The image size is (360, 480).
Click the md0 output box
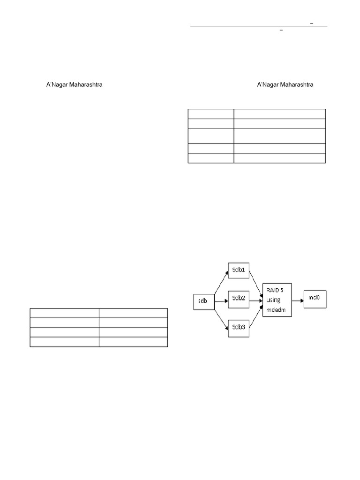pos(315,298)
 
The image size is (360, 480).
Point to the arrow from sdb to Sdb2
pos(221,300)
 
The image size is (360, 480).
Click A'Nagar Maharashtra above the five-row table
pos(285,85)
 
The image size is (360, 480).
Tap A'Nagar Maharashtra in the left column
pos(74,85)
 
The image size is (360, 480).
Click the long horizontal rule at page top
pos(259,26)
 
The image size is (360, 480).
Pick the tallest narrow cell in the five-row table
pos(211,135)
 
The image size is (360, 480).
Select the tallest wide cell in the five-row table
pos(279,135)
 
